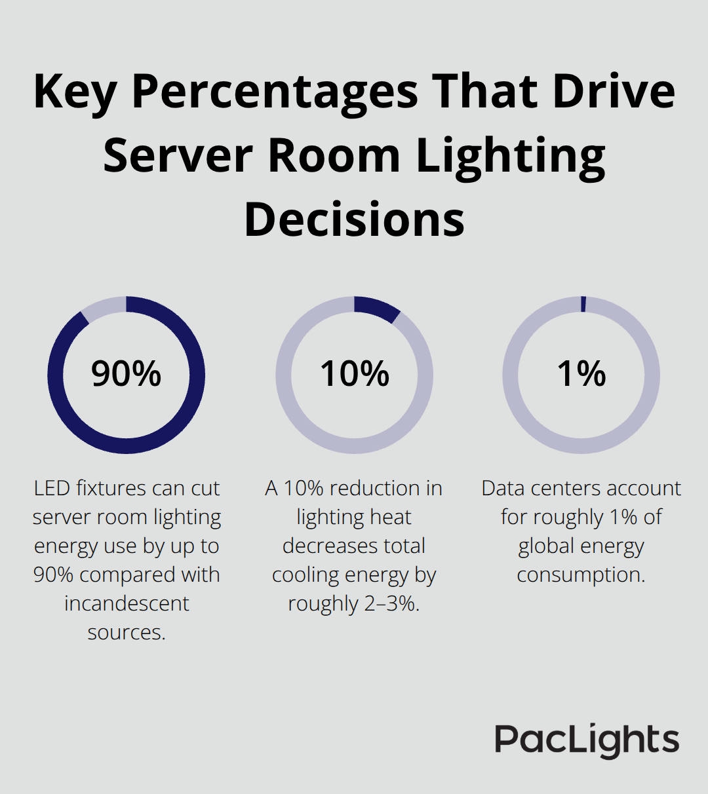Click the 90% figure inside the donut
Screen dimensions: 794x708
click(x=126, y=374)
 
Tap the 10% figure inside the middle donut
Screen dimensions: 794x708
click(x=354, y=374)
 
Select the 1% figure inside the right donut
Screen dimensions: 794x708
click(x=581, y=374)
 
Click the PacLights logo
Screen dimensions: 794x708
click(x=587, y=741)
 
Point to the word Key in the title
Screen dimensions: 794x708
click(x=74, y=92)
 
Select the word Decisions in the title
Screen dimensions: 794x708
click(x=354, y=219)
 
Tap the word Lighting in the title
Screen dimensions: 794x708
click(x=511, y=157)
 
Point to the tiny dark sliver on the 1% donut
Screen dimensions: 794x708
click(x=583, y=304)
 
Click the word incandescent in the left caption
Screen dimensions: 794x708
click(x=127, y=603)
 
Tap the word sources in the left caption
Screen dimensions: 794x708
click(x=126, y=632)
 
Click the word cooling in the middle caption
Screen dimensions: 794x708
click(x=305, y=575)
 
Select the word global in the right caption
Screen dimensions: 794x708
click(x=545, y=546)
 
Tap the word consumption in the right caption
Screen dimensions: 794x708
click(x=581, y=575)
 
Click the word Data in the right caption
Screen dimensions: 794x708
click(x=503, y=488)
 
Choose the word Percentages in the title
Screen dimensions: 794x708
click(x=275, y=92)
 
